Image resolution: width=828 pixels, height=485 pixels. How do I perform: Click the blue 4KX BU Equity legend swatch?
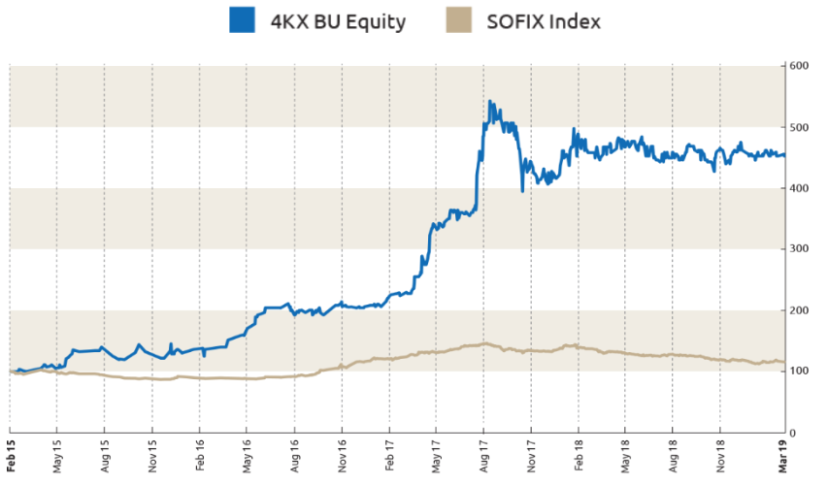[x=241, y=20]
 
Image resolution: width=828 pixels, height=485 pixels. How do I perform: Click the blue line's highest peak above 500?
[x=490, y=101]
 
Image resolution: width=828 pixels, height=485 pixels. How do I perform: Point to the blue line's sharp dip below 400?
[x=522, y=191]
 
